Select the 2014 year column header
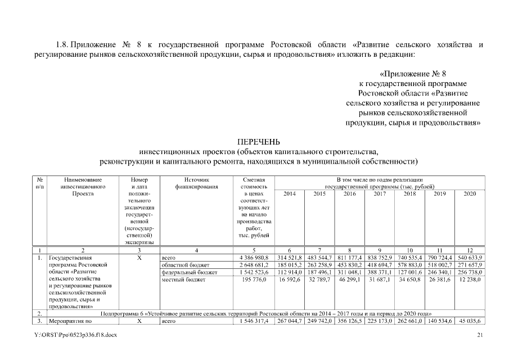click(x=289, y=193)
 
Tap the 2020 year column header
click(x=470, y=193)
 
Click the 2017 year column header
click(x=380, y=193)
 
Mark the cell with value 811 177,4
click(x=349, y=257)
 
